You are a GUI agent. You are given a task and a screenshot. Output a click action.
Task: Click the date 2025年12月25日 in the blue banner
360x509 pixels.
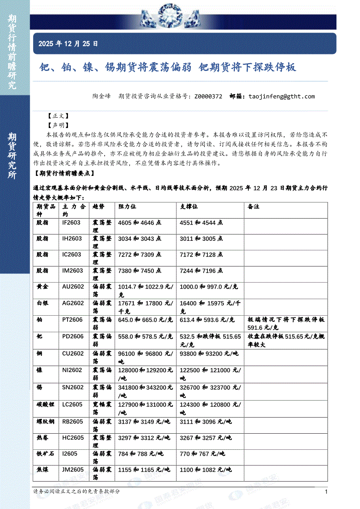(68, 44)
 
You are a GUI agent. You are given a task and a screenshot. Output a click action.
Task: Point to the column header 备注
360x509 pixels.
(253, 206)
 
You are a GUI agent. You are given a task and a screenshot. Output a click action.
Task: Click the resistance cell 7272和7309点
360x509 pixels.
(140, 254)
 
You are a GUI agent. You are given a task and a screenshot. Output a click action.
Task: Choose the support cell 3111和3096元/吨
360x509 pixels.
(206, 421)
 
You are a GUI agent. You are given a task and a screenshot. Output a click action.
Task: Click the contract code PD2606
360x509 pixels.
(73, 336)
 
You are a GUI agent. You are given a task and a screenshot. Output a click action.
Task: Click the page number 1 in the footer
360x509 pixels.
(326, 492)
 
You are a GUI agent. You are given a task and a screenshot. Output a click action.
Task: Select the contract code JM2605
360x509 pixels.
(73, 469)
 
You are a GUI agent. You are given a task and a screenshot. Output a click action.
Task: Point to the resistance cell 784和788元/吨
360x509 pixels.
(140, 453)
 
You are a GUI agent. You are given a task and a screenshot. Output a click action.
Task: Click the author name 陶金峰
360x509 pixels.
(102, 96)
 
